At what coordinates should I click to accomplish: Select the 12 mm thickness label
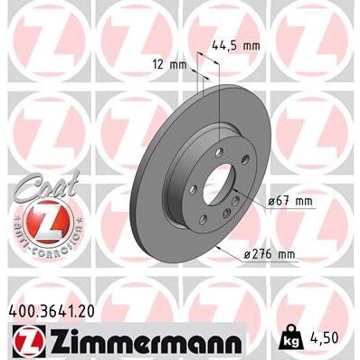pyautogui.click(x=166, y=65)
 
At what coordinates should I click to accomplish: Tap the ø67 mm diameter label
pyautogui.click(x=291, y=201)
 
